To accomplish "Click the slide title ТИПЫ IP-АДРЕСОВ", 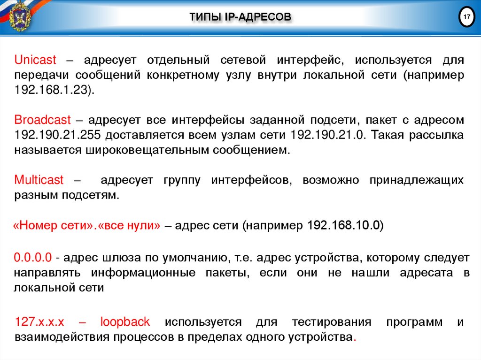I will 240,18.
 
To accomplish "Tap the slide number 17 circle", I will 467,17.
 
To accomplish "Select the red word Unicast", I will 35,60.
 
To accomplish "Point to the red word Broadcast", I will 42,120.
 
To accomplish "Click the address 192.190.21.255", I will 57,135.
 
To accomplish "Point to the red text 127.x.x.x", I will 39,322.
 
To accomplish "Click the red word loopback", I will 125,322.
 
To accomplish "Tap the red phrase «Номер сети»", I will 50,225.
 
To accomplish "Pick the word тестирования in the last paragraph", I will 331,322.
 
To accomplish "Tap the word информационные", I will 143,273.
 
